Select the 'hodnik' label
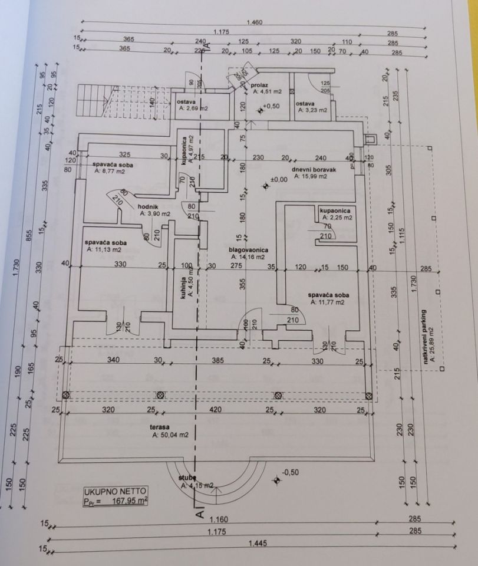click(147, 206)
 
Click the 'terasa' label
click(145, 428)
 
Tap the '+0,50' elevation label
click(271, 106)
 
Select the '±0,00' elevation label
click(278, 180)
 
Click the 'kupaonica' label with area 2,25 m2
click(336, 210)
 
